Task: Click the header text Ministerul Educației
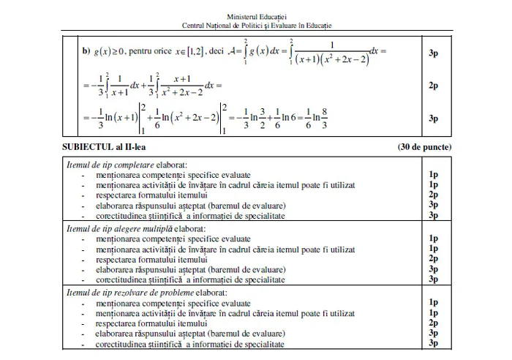coord(256,15)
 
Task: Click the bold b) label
coord(86,52)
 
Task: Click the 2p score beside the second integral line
coord(434,86)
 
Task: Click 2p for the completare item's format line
coord(434,195)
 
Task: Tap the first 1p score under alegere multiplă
coord(434,239)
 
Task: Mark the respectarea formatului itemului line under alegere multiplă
coord(143,259)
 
